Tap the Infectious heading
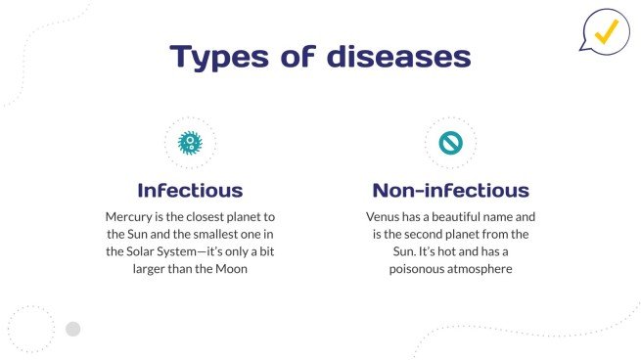point(190,190)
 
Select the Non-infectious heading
point(450,190)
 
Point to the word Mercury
point(129,215)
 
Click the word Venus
point(384,215)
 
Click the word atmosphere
point(481,268)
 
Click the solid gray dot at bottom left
point(72,329)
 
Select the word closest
point(209,215)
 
